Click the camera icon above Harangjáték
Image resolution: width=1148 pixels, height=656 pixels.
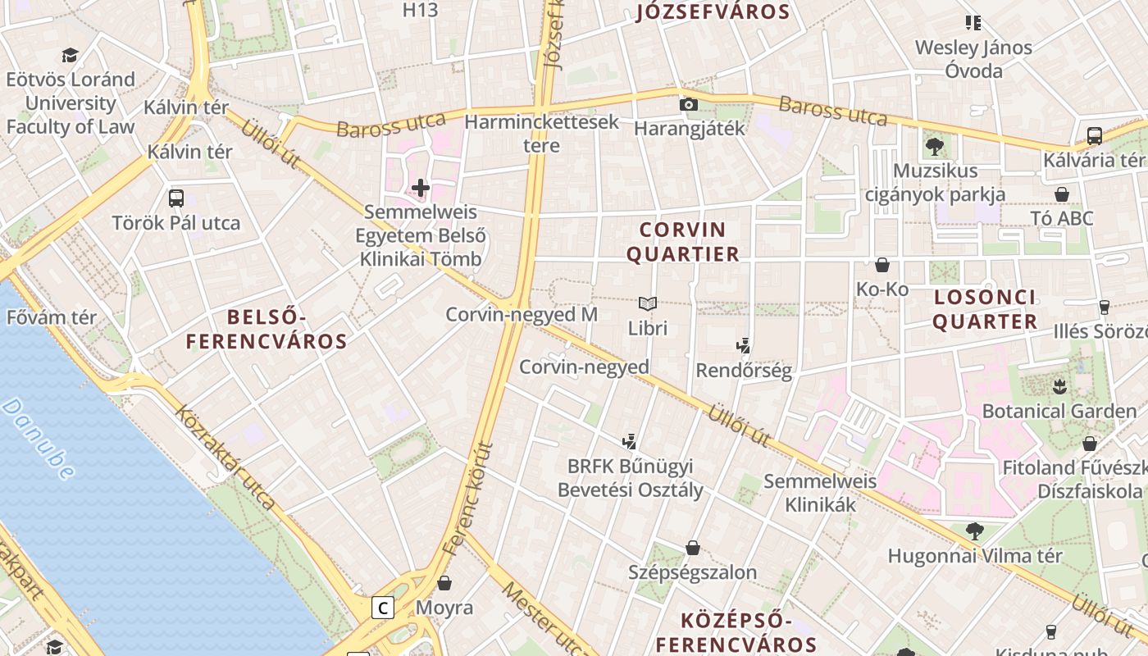tap(689, 104)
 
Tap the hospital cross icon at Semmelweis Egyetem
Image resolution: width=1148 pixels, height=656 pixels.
tap(421, 189)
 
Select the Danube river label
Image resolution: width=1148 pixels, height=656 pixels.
tap(39, 439)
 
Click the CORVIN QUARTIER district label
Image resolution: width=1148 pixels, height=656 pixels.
tap(683, 242)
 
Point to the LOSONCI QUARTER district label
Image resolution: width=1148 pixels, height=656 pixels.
tap(985, 309)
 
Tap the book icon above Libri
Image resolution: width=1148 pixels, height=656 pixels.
tap(648, 304)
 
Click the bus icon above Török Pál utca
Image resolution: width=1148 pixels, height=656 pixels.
tap(176, 198)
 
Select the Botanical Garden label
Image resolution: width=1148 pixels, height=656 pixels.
tap(1048, 411)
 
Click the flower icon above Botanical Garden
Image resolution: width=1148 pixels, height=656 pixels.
tap(1058, 385)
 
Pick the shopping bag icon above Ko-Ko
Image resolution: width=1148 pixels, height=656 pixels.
tap(882, 265)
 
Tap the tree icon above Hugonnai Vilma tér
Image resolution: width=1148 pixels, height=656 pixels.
tap(974, 531)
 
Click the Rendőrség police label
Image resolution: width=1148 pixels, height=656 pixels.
tap(744, 371)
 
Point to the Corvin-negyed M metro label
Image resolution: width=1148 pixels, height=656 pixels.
tap(522, 315)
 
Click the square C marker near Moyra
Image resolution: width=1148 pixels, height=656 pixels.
tap(382, 608)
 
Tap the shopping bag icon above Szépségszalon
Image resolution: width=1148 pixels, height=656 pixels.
tap(693, 547)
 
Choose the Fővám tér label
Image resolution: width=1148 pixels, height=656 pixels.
tap(52, 317)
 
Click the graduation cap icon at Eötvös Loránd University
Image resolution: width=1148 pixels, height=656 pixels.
tap(70, 56)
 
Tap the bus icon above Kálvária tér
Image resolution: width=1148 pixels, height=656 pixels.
tap(1094, 135)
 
